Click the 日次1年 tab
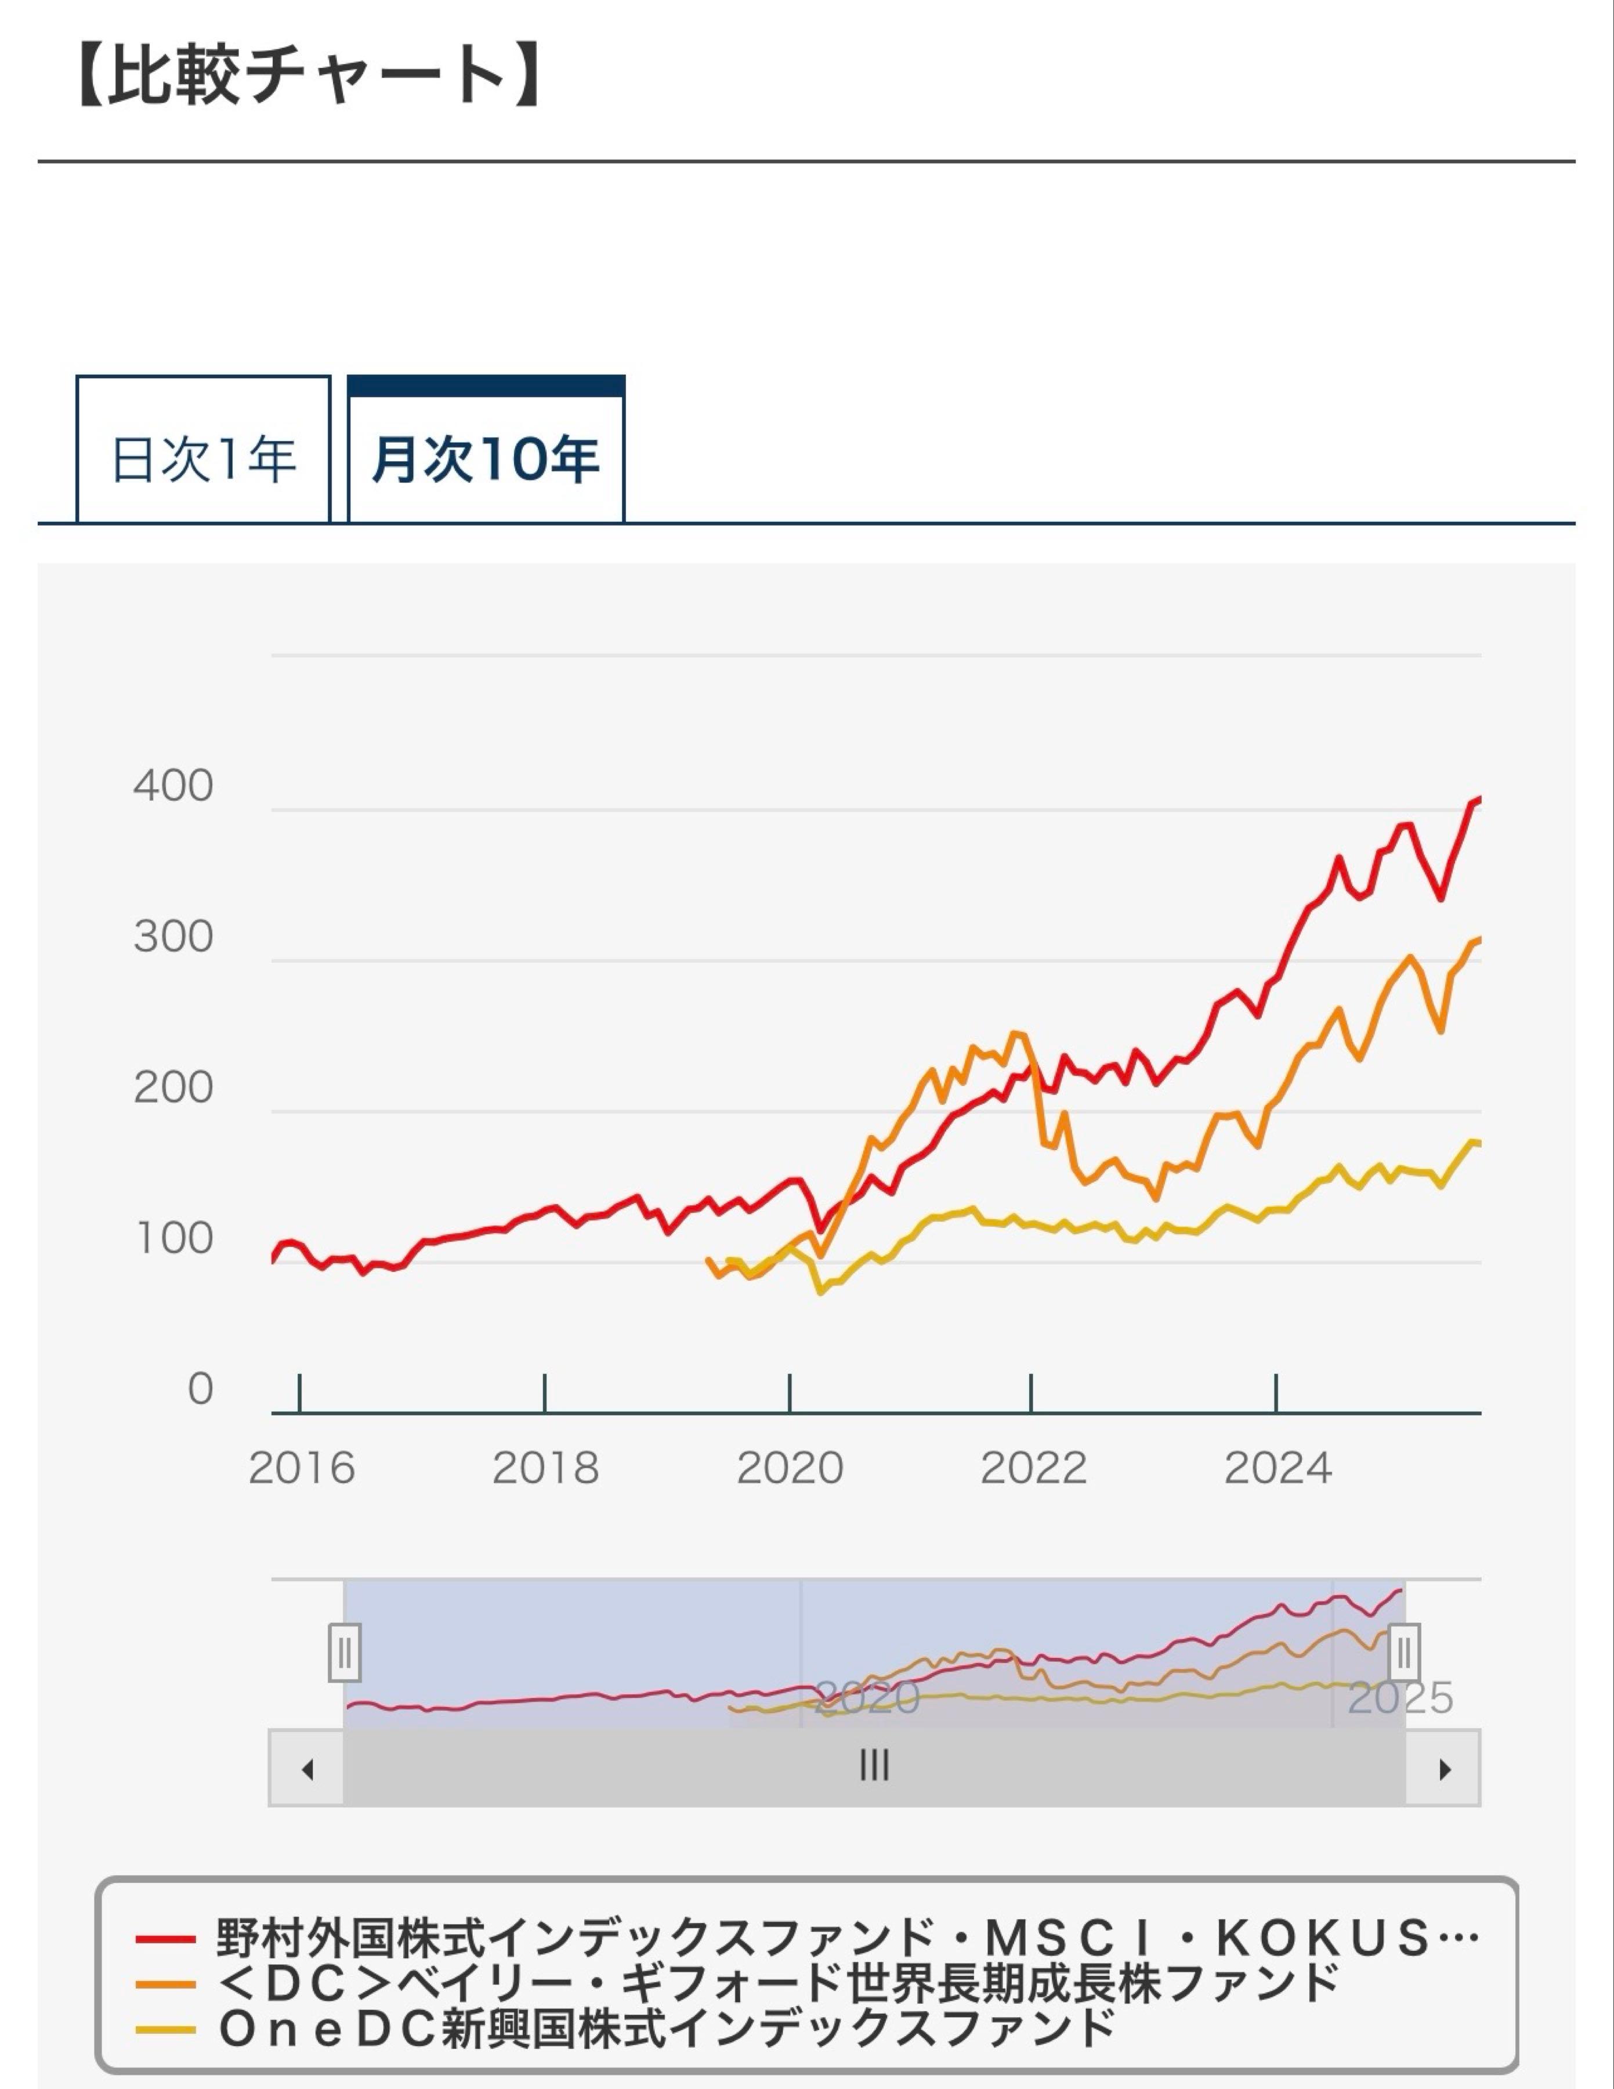click(202, 458)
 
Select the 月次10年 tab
click(486, 458)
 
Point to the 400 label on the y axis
click(173, 786)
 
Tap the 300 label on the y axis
click(173, 937)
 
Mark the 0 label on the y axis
click(200, 1389)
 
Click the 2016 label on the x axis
click(301, 1468)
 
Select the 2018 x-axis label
click(545, 1468)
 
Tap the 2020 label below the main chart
click(790, 1468)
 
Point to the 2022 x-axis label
click(1034, 1468)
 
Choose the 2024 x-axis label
click(1278, 1468)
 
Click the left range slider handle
click(344, 1652)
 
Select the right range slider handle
click(1403, 1652)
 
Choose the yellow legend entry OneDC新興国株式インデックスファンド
click(627, 2028)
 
